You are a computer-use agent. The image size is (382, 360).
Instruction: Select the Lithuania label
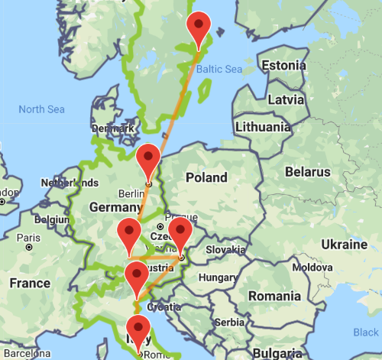(264, 127)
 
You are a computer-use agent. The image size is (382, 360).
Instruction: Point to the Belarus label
(308, 172)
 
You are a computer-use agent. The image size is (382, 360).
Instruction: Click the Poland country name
(206, 177)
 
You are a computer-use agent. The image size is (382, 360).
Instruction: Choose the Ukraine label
(344, 245)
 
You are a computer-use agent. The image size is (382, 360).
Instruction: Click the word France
(30, 284)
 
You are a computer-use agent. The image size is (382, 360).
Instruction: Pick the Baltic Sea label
(219, 70)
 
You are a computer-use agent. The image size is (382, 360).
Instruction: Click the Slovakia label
(225, 250)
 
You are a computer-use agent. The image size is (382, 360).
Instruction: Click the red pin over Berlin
(147, 157)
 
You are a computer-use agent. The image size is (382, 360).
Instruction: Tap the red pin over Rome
(138, 329)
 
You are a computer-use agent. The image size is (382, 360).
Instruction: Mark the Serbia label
(229, 323)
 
